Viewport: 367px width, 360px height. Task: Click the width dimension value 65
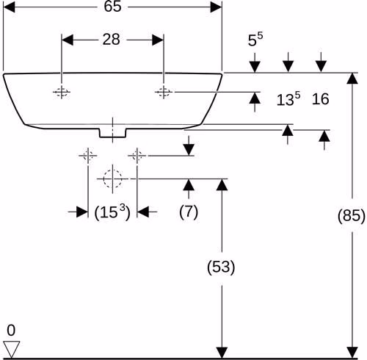[x=112, y=7]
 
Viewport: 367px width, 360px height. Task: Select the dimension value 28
[x=112, y=40]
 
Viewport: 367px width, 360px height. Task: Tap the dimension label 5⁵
[x=255, y=40]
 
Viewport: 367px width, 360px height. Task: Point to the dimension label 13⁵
[x=288, y=99]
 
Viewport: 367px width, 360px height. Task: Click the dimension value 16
[x=320, y=99]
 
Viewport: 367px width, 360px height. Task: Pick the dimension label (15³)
[x=112, y=212]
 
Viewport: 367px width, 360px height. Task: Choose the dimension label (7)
[x=189, y=212]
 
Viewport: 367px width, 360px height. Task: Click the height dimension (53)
[x=221, y=267]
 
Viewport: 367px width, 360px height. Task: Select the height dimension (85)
[x=352, y=216]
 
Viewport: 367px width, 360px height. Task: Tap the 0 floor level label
[x=11, y=331]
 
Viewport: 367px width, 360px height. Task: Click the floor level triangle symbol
[x=12, y=349]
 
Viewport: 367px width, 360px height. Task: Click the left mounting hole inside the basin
[x=62, y=92]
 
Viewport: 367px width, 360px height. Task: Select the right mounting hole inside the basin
[x=164, y=92]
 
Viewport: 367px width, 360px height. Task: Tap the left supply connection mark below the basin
[x=88, y=156]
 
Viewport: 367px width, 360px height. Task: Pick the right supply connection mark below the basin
[x=137, y=156]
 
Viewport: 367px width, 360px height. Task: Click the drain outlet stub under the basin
[x=112, y=133]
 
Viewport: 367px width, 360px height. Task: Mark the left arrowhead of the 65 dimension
[x=10, y=7]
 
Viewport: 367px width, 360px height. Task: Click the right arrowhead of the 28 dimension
[x=158, y=40]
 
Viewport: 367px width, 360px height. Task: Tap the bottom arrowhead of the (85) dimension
[x=352, y=353]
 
